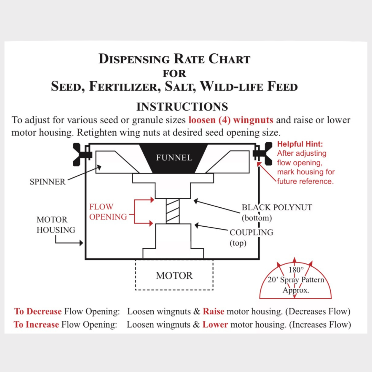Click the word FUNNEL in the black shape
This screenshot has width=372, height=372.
[x=174, y=157]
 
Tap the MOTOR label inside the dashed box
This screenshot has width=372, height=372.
[x=174, y=276]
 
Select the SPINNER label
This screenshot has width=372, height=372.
[x=48, y=182]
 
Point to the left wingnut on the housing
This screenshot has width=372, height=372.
[x=81, y=154]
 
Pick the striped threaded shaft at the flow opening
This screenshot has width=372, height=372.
[x=173, y=211]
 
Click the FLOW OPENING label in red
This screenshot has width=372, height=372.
[x=108, y=211]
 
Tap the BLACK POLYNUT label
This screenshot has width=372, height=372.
[x=277, y=207]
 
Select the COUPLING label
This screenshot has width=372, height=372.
[x=251, y=232]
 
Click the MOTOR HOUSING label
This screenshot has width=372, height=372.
[x=56, y=225]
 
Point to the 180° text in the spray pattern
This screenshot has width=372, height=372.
[x=296, y=270]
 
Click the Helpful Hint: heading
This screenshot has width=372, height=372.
[x=300, y=144]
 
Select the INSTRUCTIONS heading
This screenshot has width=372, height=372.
[x=182, y=107]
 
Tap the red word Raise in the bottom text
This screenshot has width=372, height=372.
[x=214, y=311]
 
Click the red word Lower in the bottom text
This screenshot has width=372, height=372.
[x=215, y=324]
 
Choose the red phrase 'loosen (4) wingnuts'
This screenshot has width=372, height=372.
[x=231, y=120]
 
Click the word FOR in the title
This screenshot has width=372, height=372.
[x=174, y=74]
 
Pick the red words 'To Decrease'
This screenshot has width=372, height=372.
[x=38, y=311]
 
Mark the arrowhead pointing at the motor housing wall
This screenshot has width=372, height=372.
[x=81, y=243]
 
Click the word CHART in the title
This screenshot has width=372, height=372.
[x=229, y=59]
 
